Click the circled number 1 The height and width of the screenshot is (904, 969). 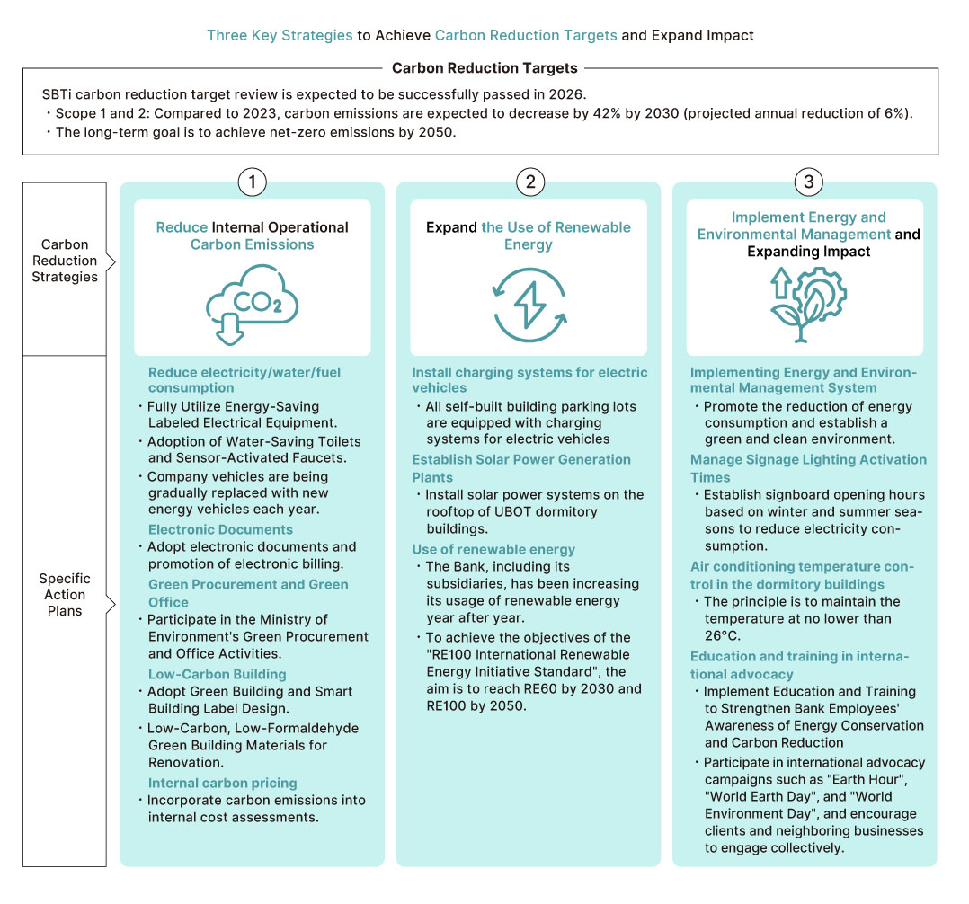pos(252,182)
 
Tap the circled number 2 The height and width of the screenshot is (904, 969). pos(530,182)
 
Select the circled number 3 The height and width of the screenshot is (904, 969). pos(808,182)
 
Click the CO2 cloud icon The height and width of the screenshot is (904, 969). pos(252,304)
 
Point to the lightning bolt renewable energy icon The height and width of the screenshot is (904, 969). pos(529,305)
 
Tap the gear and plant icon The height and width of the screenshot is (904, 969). pos(808,305)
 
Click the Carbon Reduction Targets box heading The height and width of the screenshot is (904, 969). pos(484,68)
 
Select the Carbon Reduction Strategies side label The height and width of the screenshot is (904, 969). pos(65,261)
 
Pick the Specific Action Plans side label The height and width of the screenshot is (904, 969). pos(65,594)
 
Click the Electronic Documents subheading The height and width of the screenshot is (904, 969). pos(220,529)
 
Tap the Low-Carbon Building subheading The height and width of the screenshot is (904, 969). pos(217,674)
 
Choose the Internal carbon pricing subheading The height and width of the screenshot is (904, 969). pos(223,783)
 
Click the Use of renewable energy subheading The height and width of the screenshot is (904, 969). pos(493,549)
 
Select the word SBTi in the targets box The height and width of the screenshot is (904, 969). pos(57,94)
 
